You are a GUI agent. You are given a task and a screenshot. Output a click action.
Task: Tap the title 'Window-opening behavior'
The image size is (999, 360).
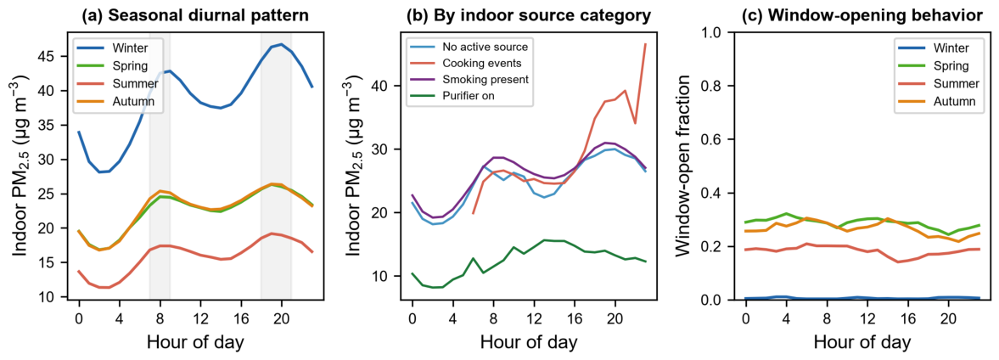[x=862, y=17]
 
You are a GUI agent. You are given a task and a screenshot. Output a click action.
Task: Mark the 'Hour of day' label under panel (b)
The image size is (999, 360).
[x=529, y=341]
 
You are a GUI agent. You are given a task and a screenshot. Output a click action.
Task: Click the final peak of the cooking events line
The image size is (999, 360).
[x=645, y=44]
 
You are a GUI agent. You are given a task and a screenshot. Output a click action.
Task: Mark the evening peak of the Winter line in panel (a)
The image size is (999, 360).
[x=281, y=44]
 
